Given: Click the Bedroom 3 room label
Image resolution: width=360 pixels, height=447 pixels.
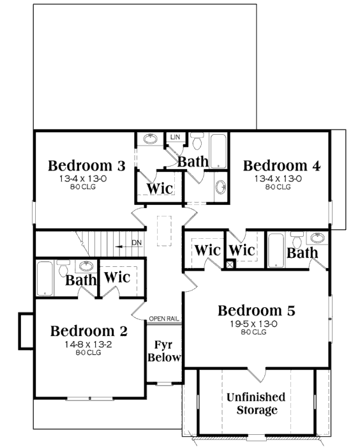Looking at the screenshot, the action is click(x=86, y=165).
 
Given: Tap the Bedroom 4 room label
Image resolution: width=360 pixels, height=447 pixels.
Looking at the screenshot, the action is click(x=281, y=165).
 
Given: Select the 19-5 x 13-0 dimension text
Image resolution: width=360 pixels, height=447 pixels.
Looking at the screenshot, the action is click(x=253, y=324).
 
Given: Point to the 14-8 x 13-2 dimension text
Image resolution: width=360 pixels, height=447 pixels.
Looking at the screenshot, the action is click(x=88, y=344).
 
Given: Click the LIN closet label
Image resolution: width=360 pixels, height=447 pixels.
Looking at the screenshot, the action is click(x=176, y=137).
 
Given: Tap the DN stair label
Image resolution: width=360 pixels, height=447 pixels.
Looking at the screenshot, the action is click(x=137, y=243).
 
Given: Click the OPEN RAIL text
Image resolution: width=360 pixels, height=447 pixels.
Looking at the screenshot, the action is click(x=164, y=319).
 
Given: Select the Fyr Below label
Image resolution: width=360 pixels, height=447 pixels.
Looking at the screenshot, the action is click(x=164, y=351).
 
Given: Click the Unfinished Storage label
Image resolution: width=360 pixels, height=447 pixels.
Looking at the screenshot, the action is click(x=256, y=404).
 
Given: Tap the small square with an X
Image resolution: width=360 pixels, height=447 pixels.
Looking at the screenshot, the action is click(x=230, y=264).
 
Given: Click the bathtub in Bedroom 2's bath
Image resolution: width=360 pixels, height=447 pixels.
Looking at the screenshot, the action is click(x=45, y=278).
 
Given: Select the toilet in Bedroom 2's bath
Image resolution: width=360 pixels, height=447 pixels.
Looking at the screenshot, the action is click(x=63, y=268).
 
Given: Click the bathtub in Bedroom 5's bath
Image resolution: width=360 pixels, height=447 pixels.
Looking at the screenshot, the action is click(x=276, y=250).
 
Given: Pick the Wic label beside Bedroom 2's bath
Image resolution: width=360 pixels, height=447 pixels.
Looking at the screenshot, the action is click(x=117, y=277).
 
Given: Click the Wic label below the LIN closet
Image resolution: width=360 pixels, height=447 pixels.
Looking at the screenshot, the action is click(x=160, y=188).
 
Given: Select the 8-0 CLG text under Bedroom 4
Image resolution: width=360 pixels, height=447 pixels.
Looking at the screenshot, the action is click(x=278, y=187).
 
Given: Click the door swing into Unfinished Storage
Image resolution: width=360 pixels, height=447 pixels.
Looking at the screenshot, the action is click(x=257, y=375).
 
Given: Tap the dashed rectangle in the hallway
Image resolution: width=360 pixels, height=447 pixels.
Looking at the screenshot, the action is click(x=164, y=231).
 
